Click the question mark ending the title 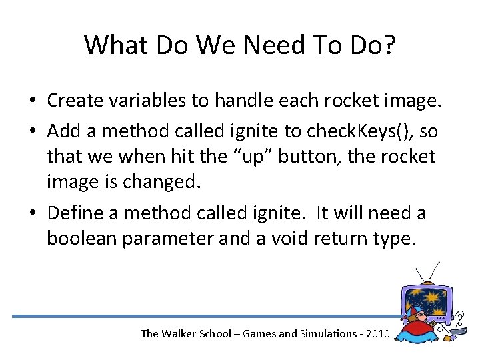click(389, 45)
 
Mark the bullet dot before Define click(33, 214)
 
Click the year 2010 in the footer click(374, 333)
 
